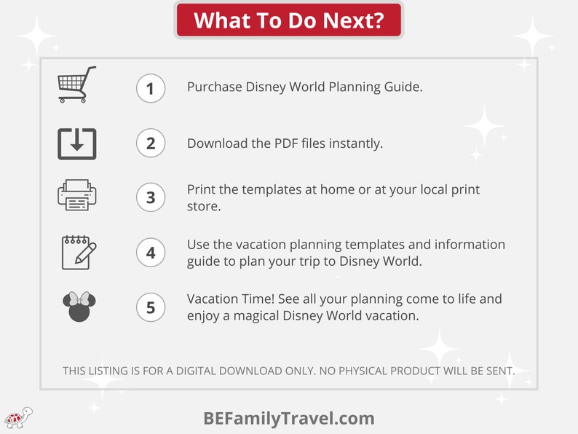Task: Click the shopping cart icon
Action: click(x=77, y=84)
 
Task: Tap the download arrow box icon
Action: click(x=77, y=143)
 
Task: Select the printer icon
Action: click(x=77, y=195)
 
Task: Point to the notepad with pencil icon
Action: click(x=79, y=252)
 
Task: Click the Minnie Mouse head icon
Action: click(x=79, y=307)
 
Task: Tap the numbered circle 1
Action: click(x=151, y=89)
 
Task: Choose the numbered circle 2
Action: click(x=151, y=143)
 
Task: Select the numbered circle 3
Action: click(x=151, y=197)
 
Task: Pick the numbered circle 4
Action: click(x=151, y=253)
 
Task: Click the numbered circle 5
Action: click(x=151, y=307)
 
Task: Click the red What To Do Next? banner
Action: click(x=289, y=20)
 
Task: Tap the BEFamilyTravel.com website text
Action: click(x=289, y=419)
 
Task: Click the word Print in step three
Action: click(x=201, y=189)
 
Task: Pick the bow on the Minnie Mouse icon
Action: click(x=79, y=298)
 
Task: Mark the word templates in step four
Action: click(x=376, y=245)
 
